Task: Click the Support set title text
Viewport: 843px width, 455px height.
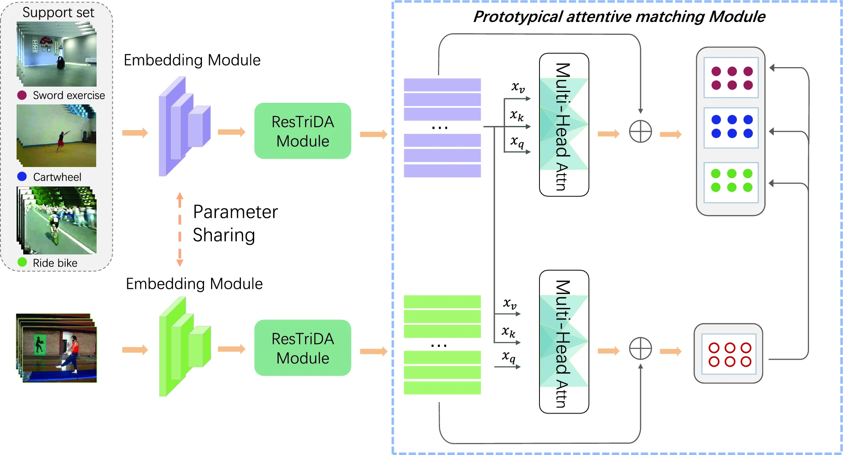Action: [x=58, y=12]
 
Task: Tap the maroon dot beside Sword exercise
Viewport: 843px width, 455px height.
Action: [x=22, y=95]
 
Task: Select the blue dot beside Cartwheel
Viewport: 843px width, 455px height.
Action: [x=22, y=177]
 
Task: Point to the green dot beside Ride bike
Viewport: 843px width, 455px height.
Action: [x=22, y=262]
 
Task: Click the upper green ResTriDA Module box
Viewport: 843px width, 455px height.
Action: [x=303, y=131]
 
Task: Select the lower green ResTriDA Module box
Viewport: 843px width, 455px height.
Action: [x=303, y=348]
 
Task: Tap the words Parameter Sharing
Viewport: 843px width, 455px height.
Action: [x=235, y=223]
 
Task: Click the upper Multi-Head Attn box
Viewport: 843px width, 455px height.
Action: [x=564, y=125]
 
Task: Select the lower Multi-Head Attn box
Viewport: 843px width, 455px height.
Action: [x=564, y=342]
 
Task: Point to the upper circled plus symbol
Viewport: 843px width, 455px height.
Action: [x=640, y=132]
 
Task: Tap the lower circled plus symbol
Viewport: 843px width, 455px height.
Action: [x=640, y=349]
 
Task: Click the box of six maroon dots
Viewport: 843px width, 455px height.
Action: [x=731, y=78]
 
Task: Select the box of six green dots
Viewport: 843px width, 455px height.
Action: [x=731, y=181]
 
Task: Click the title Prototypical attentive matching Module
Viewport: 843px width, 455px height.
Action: [x=619, y=17]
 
